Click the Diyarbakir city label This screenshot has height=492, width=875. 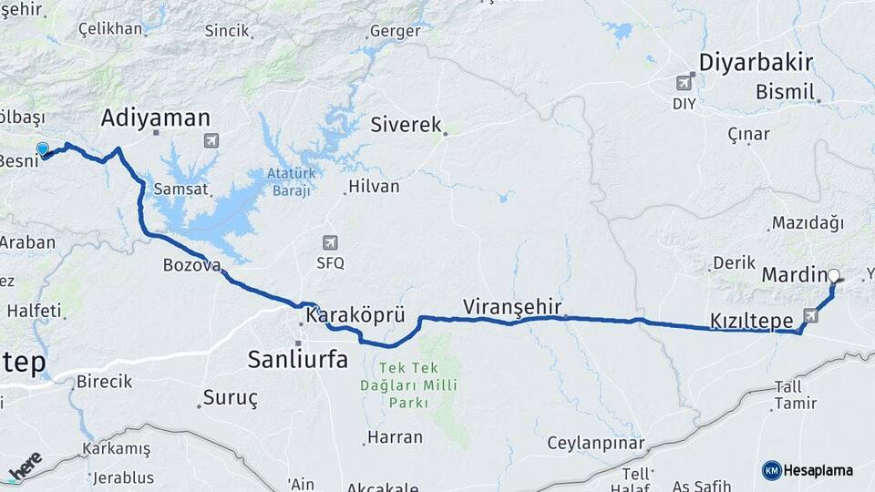(x=756, y=62)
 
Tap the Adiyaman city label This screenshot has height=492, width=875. (x=156, y=118)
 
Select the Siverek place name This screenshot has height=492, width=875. (x=406, y=125)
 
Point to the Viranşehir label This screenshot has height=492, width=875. (x=511, y=306)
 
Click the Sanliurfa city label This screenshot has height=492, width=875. (x=297, y=360)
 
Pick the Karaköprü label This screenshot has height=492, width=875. (x=354, y=316)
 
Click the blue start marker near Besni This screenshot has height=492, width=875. (x=43, y=149)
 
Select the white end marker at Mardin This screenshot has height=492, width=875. (x=833, y=274)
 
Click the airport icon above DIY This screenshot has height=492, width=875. (x=684, y=84)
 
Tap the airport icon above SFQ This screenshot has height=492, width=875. (x=329, y=242)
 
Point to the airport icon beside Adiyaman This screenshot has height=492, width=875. (x=211, y=140)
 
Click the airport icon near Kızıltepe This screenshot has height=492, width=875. (x=809, y=315)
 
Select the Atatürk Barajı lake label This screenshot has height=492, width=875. (x=290, y=182)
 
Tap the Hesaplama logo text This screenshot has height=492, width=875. (x=817, y=470)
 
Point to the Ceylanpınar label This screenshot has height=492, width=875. (x=595, y=444)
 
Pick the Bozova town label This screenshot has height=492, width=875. (x=191, y=266)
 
